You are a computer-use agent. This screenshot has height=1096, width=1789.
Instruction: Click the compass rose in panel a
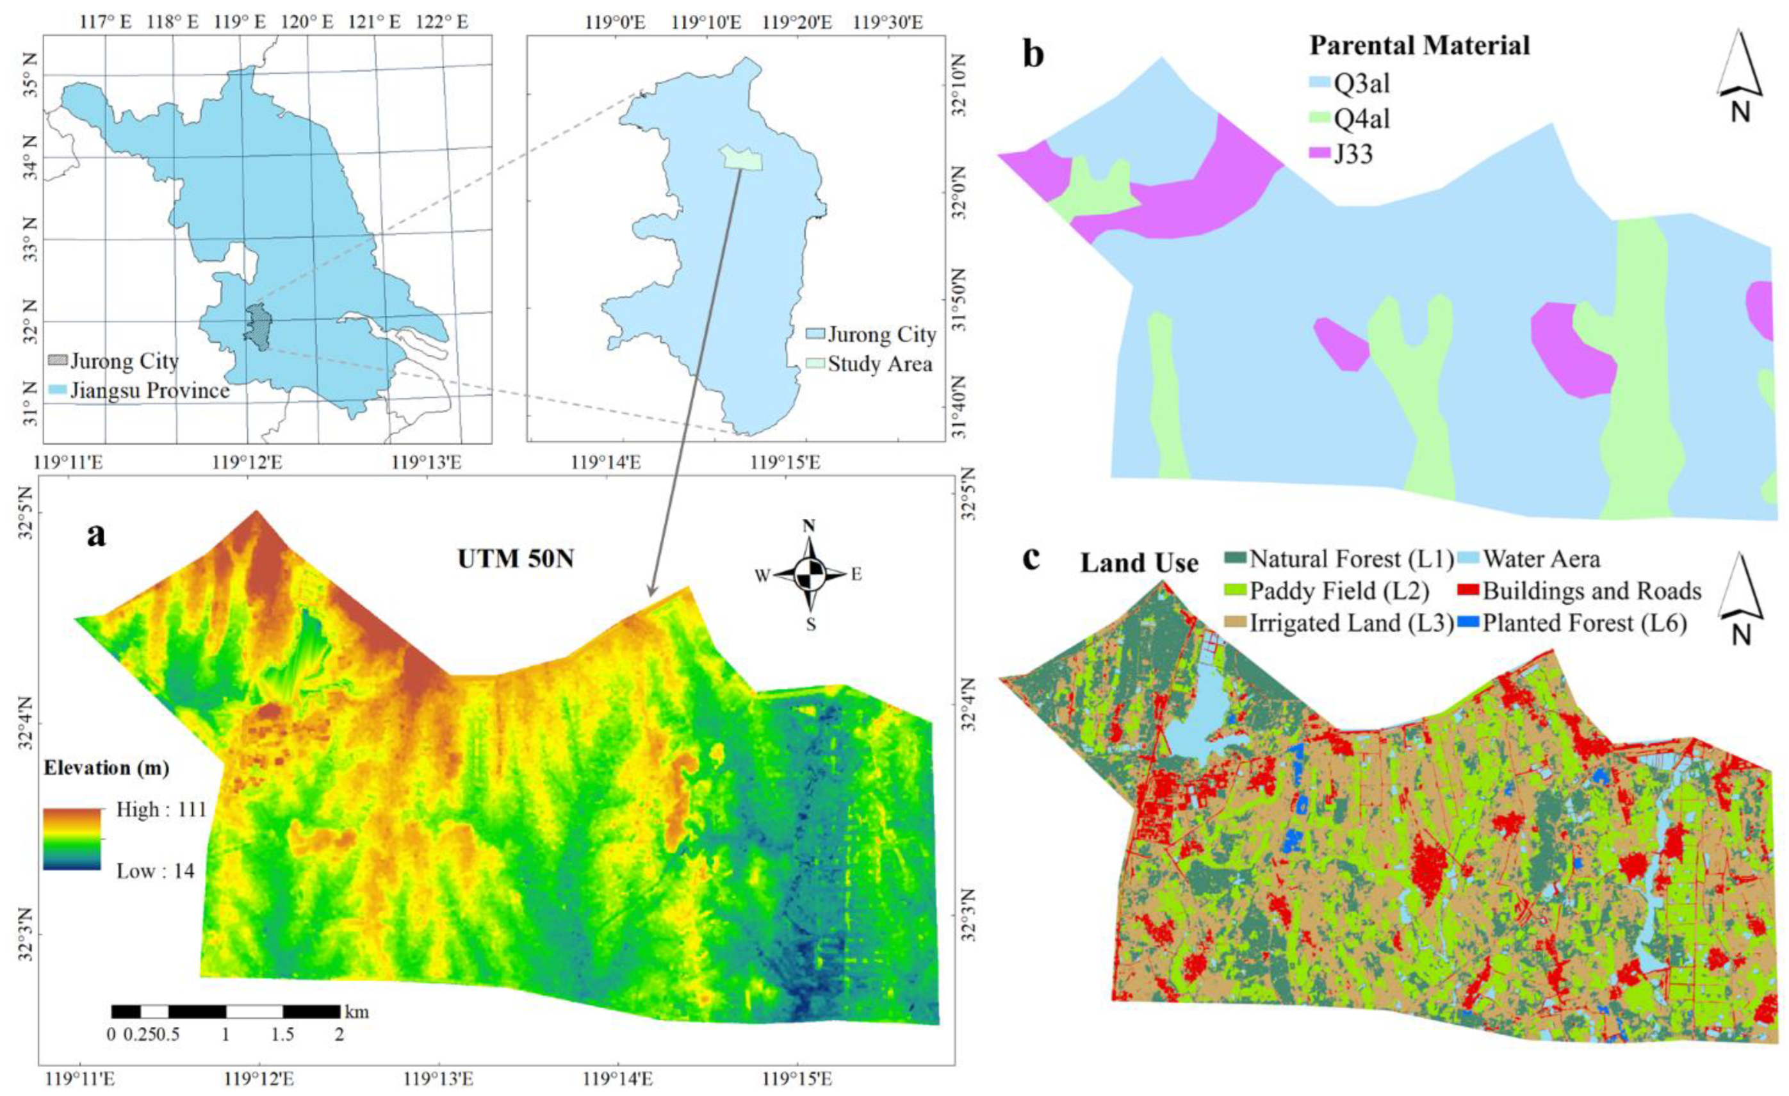pyautogui.click(x=810, y=575)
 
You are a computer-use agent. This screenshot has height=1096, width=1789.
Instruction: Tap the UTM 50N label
pyautogui.click(x=516, y=559)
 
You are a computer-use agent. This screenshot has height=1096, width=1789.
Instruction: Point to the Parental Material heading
pyautogui.click(x=1419, y=45)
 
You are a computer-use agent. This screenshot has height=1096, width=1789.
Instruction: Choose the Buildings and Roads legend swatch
pyautogui.click(x=1473, y=591)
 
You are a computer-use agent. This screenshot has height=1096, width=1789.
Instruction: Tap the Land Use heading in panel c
pyautogui.click(x=1139, y=563)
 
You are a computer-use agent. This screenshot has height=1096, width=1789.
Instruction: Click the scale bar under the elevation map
pyautogui.click(x=225, y=1011)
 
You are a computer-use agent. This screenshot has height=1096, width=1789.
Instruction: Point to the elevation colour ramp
pyautogui.click(x=71, y=839)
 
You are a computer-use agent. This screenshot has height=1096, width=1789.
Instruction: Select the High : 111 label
pyautogui.click(x=161, y=809)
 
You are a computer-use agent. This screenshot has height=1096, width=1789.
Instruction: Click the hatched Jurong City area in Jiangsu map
pyautogui.click(x=257, y=327)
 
